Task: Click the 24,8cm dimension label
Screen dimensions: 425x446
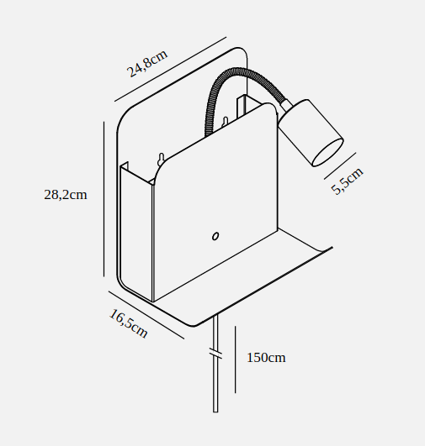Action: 147,64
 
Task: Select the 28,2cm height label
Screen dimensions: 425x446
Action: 66,195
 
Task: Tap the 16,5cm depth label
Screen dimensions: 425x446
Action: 129,323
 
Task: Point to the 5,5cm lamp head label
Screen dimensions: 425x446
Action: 348,181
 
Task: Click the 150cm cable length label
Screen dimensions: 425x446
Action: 266,358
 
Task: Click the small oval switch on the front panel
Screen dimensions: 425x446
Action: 215,236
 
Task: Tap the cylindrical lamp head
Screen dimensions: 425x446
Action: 311,133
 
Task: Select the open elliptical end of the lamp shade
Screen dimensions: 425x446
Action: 328,152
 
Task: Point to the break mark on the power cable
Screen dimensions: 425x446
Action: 215,354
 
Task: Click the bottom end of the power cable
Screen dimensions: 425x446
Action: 215,412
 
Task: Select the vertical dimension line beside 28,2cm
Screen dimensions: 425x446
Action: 104,199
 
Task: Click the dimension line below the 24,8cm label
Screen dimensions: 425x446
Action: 171,69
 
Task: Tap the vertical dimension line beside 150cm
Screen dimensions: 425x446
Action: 235,359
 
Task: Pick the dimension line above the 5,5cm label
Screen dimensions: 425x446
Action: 340,165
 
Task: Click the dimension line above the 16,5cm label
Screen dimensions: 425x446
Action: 146,315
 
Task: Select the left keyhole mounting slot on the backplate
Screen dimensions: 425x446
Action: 162,159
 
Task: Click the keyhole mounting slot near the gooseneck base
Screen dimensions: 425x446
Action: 226,122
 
